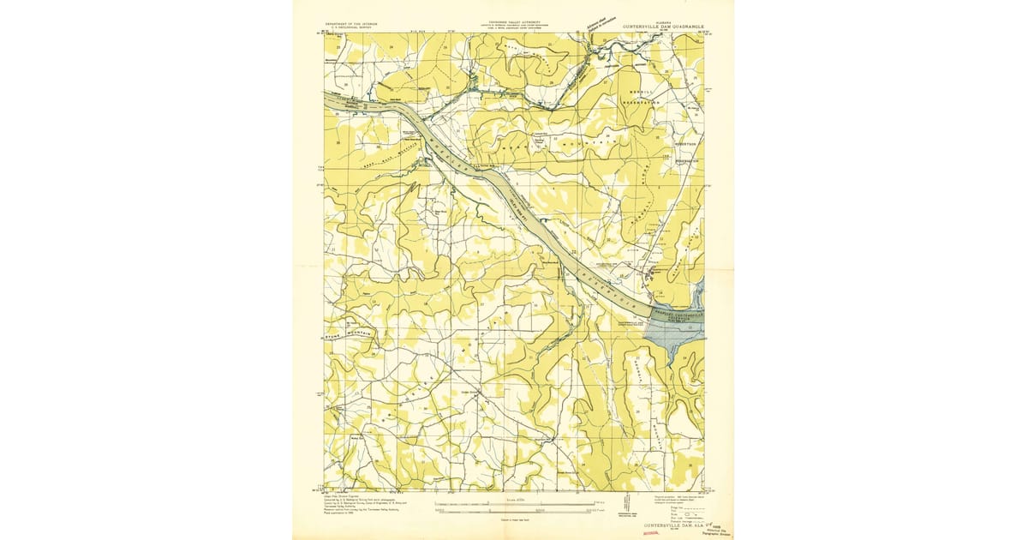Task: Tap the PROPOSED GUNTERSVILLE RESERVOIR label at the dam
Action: point(678,316)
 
